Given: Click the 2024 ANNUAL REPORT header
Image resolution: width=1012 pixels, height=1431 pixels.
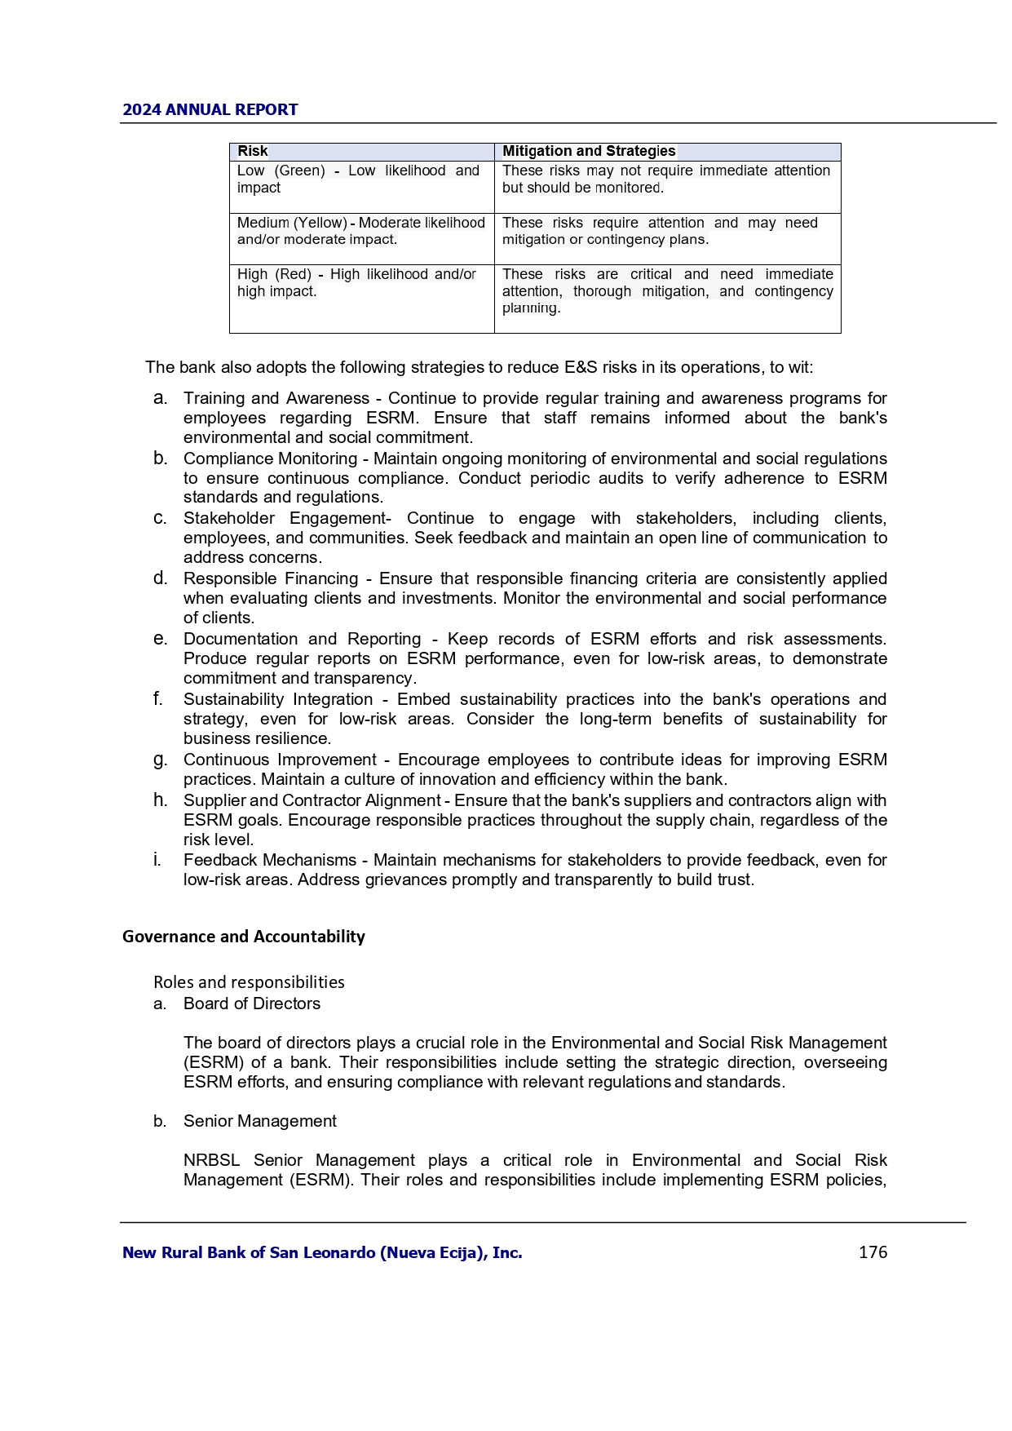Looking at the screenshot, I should point(210,109).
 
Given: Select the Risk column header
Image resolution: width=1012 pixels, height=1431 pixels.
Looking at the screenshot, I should point(253,151).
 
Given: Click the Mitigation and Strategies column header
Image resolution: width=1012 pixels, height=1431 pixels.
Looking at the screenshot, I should point(589,151).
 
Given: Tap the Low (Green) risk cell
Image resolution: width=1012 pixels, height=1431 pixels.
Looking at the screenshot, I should point(358,179).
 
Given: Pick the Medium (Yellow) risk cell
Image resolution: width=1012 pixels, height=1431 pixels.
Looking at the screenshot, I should point(360,231).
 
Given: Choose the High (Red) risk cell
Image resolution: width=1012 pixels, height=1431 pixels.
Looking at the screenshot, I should point(356,283).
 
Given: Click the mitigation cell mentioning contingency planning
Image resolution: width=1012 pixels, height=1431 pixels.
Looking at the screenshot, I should point(667,291).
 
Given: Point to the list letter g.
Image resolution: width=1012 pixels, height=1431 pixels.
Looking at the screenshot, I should point(160,760).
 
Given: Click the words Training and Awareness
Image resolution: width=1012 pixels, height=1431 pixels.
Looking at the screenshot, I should point(276,398).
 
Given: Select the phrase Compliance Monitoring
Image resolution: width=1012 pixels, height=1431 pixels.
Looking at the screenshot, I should point(270,459).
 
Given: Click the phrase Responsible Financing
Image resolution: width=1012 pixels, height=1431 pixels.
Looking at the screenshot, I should point(271,578).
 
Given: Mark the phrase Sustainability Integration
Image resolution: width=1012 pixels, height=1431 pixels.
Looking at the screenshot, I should point(278,699).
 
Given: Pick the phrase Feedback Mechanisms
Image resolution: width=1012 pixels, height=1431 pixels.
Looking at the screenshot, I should point(270,860).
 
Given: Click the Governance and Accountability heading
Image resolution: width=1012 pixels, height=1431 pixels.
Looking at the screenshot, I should point(244,937).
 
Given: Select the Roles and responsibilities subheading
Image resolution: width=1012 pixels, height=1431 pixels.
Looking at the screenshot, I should point(249,982).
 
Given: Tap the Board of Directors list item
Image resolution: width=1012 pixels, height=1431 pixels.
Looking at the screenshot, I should point(252,1003).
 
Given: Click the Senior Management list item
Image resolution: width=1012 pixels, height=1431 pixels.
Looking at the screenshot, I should point(260,1121).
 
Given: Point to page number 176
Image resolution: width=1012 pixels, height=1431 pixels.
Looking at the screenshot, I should point(873,1252).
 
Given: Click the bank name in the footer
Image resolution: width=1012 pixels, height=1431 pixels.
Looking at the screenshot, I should point(322,1252).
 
